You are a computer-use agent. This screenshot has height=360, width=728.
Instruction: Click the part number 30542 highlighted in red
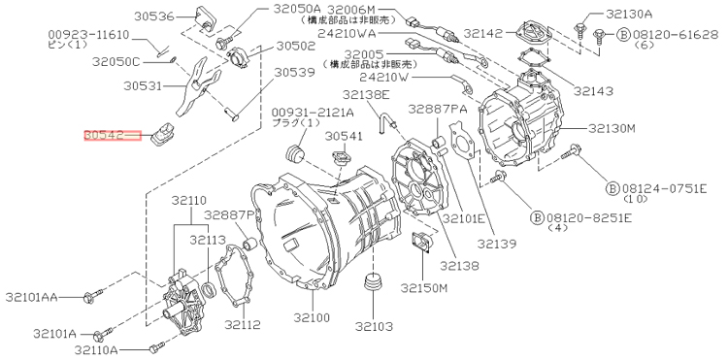click(x=104, y=136)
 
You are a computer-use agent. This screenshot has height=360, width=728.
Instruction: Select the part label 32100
click(x=312, y=317)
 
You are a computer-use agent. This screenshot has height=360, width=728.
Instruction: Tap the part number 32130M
click(x=612, y=128)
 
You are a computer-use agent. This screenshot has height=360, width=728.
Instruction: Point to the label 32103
click(x=375, y=327)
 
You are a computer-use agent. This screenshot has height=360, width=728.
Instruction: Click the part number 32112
click(x=243, y=324)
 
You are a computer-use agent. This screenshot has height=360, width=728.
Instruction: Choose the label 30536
click(x=154, y=16)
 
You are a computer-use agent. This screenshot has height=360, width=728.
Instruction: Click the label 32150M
click(x=424, y=288)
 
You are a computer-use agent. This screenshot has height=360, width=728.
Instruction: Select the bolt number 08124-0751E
click(x=664, y=188)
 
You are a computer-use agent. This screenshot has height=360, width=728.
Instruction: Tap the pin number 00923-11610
click(x=89, y=35)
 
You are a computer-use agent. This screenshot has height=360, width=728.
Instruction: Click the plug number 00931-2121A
click(x=313, y=113)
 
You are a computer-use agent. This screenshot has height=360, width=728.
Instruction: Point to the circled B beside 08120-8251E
click(x=537, y=217)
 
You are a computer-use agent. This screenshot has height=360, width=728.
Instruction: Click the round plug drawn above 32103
click(x=374, y=282)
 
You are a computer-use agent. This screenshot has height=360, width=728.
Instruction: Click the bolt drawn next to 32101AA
click(x=93, y=296)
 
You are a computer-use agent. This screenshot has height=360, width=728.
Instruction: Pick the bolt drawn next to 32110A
click(x=156, y=346)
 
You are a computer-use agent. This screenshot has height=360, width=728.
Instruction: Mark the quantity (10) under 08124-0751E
click(x=632, y=199)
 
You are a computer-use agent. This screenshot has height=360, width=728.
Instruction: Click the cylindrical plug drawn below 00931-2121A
click(x=295, y=154)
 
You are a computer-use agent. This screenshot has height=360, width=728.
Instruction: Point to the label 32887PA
click(x=438, y=109)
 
